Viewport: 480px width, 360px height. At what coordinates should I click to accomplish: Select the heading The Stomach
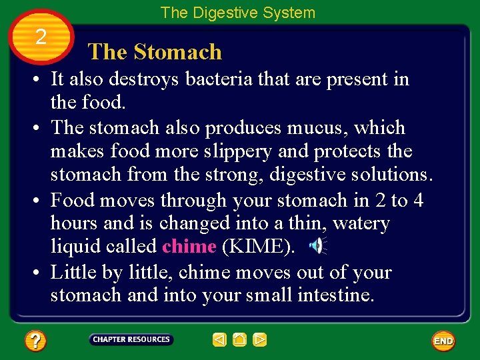coord(155,52)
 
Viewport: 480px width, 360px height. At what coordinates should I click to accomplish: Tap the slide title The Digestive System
coord(238,12)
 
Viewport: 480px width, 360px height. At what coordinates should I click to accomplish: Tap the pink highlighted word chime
coord(189,247)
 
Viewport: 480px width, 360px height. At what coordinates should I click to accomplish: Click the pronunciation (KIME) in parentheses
coord(259,247)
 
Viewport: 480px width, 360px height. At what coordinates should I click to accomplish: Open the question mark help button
coord(35,341)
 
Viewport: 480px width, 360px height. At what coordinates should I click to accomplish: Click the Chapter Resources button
coord(131,340)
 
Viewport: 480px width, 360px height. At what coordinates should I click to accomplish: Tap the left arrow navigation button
coord(220,340)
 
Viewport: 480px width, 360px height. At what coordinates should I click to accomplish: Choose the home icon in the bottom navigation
coord(240,340)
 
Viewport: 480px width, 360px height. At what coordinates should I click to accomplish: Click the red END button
coord(443,341)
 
